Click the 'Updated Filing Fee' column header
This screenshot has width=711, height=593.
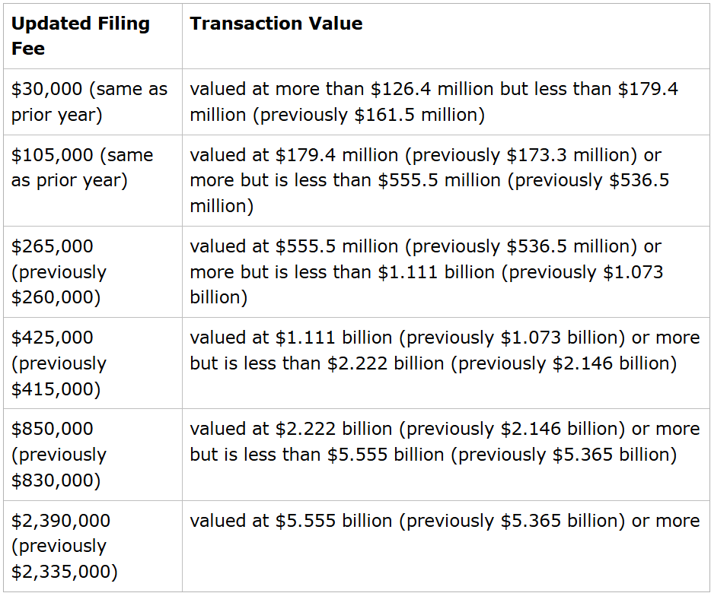click(80, 36)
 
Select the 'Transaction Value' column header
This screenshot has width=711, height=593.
click(276, 24)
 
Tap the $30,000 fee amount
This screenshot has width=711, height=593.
click(46, 89)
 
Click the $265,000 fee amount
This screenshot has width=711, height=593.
click(52, 246)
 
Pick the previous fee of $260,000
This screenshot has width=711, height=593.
click(56, 297)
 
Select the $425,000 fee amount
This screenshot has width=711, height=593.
click(52, 338)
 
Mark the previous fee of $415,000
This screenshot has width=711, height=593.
click(56, 388)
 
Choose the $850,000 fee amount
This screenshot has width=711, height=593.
click(52, 429)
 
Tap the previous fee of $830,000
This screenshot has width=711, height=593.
click(56, 480)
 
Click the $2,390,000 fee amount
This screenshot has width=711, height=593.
click(61, 521)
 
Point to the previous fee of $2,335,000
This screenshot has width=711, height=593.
click(64, 572)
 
